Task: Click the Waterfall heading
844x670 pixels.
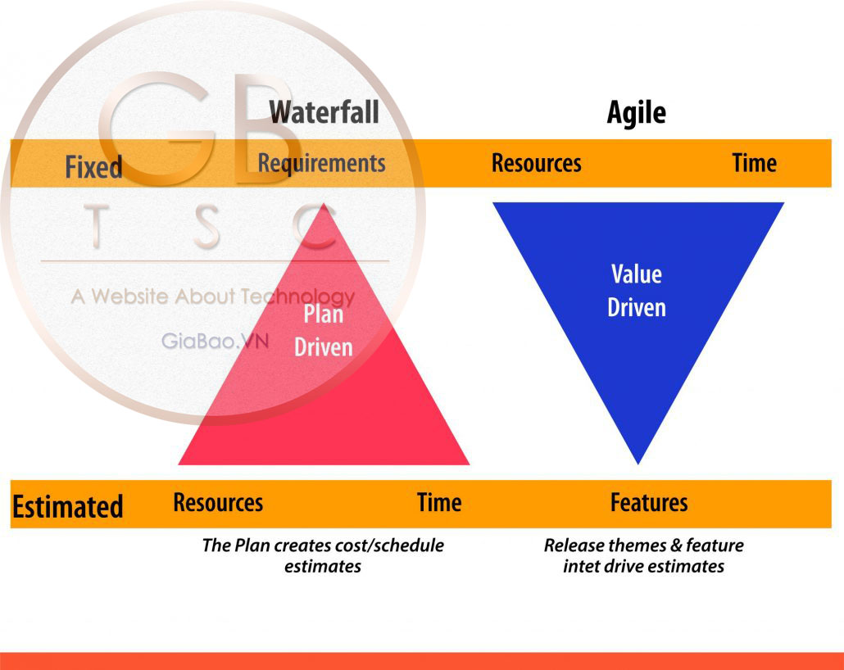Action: point(324,111)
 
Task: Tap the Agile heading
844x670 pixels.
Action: point(636,112)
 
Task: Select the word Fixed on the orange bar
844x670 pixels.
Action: point(93,167)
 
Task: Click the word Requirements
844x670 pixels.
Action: point(321,163)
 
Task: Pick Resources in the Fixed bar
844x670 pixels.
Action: point(536,163)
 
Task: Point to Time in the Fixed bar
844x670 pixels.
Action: point(754,163)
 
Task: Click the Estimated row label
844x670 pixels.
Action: point(67,506)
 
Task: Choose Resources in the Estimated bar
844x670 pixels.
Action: point(218,502)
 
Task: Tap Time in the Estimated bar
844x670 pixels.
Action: point(439,502)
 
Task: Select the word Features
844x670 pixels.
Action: point(649,502)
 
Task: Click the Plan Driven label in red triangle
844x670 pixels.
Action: point(324,331)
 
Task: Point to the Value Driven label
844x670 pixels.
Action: point(637,290)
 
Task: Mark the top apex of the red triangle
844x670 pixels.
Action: point(325,205)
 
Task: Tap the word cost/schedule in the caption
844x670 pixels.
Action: point(397,546)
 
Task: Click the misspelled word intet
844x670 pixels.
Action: point(582,566)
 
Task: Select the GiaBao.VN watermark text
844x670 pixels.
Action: point(215,341)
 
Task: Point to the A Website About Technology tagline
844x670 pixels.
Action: point(213,296)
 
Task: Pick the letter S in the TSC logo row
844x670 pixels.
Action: point(206,227)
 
